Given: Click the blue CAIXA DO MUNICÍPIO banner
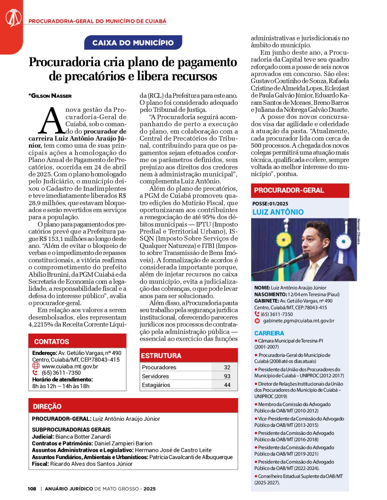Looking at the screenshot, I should pos(133,43).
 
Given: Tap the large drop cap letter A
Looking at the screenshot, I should pos(52,121).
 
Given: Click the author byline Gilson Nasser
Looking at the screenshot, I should pos(50,96).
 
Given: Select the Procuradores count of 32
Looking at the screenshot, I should pos(227,367).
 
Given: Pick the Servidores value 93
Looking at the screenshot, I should pos(227,376).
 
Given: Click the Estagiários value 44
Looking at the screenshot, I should pos(227,385).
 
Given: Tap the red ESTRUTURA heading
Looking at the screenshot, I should pos(161,355).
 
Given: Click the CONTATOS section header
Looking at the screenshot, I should pos(52,341).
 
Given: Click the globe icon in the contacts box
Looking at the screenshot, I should pos(36,366).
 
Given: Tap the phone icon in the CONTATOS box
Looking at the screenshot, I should pos(35,373).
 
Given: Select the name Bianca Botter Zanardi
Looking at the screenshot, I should pos(83,437).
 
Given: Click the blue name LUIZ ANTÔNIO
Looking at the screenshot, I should pos(278,212).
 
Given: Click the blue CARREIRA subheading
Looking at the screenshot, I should pos(269,333).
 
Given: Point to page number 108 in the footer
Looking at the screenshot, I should pos(32,489).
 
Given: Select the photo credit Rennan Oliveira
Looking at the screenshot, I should pos(359,231).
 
